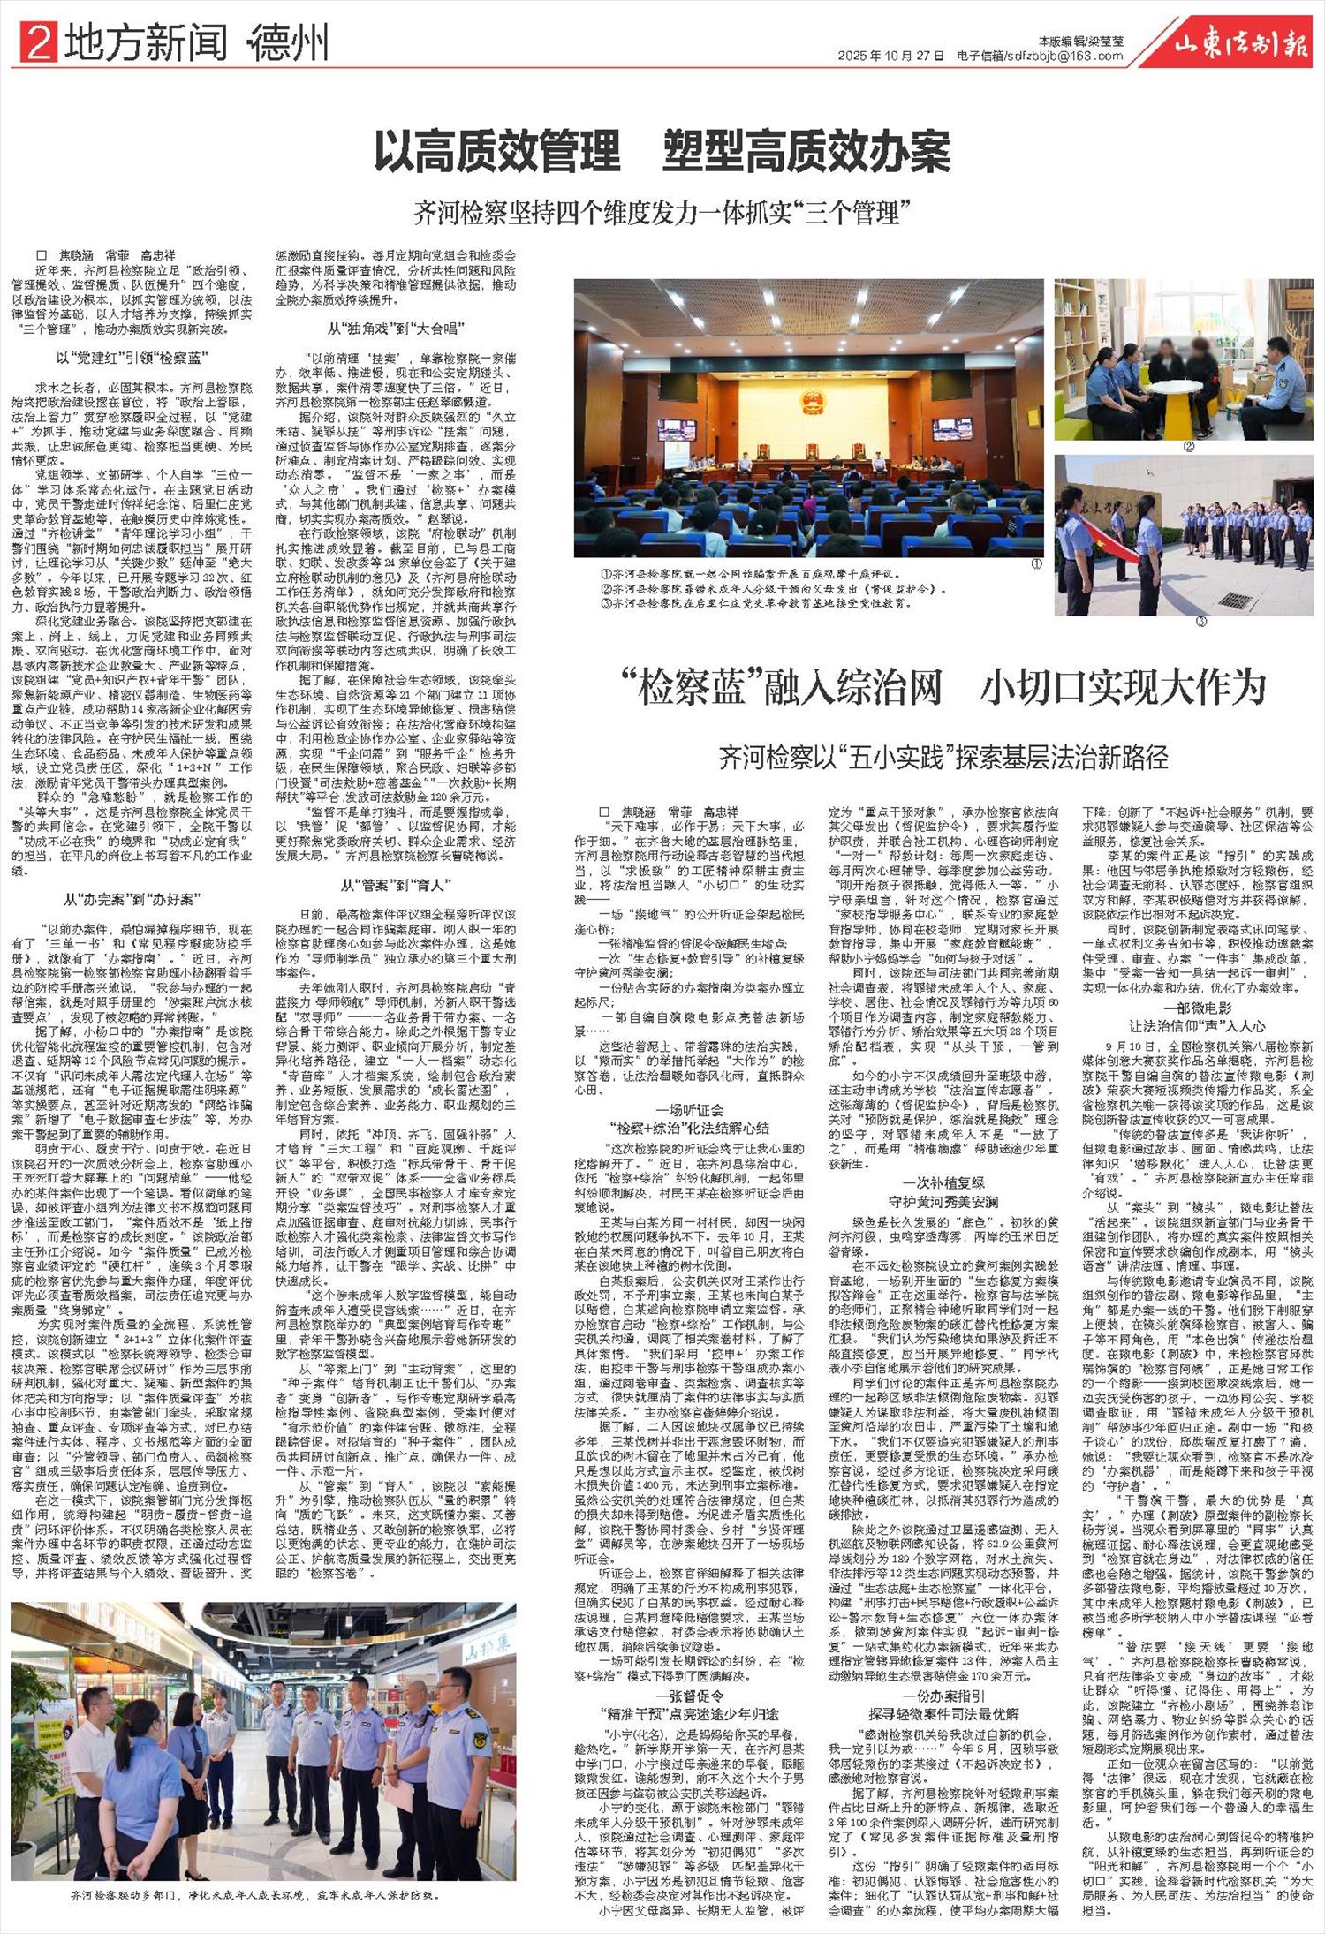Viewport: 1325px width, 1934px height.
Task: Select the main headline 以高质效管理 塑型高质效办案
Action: pos(662,151)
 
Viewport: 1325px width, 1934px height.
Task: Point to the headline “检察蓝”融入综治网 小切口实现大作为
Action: pos(943,686)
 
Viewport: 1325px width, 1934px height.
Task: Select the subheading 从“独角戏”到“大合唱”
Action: pos(396,329)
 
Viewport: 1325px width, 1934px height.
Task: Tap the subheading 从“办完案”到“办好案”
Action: pos(132,899)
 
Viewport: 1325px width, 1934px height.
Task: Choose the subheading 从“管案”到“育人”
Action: pos(396,885)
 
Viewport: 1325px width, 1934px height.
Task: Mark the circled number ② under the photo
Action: pos(1188,447)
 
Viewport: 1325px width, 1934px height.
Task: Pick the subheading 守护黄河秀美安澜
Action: pos(943,1202)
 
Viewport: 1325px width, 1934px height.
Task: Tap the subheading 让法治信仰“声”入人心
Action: pos(1197,1025)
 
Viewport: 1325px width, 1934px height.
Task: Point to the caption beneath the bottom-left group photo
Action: pos(256,1894)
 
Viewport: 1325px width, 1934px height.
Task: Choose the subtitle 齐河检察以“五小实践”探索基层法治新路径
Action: pos(943,757)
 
